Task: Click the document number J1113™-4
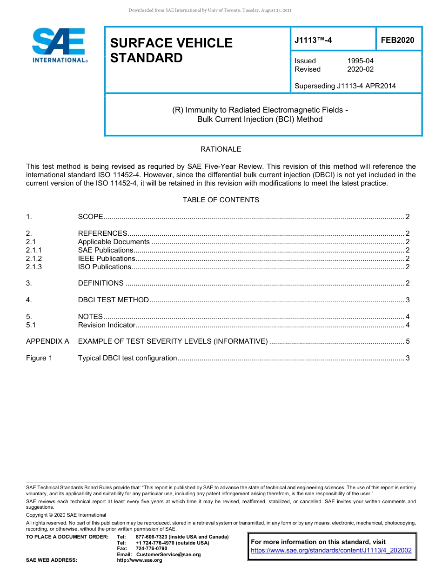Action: tap(313, 40)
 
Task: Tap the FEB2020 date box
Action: tap(397, 40)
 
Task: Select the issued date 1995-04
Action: tap(360, 61)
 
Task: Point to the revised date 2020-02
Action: tap(360, 69)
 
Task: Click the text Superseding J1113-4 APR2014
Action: tap(345, 86)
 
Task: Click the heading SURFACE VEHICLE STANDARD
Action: tap(171, 50)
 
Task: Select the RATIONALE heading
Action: tap(221, 149)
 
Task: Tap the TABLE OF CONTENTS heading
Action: tap(221, 200)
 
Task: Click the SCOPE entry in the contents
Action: tap(90, 217)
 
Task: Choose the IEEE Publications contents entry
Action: tap(107, 259)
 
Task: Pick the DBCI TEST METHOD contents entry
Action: tap(113, 300)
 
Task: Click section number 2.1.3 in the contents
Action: tap(34, 267)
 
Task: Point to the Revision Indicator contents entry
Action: tap(107, 325)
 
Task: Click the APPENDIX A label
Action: tap(47, 341)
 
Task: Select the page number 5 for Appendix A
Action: tap(408, 341)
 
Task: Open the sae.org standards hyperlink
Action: tap(331, 550)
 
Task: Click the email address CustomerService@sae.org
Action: tap(168, 554)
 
